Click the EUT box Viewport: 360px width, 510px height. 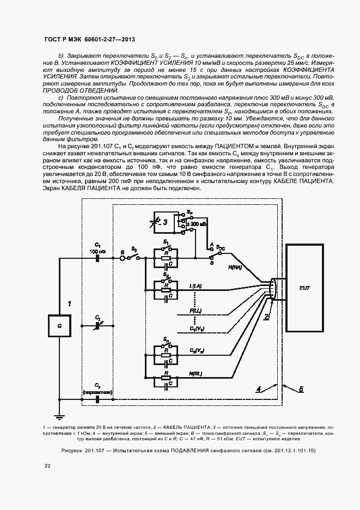[x=304, y=288]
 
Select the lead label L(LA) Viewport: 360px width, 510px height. [x=196, y=286]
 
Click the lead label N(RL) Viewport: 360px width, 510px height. [x=196, y=373]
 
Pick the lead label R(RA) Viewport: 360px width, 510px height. [x=235, y=268]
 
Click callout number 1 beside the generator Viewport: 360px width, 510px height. [x=69, y=302]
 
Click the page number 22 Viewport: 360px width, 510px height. [x=47, y=465]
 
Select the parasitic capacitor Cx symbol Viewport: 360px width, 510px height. [x=97, y=398]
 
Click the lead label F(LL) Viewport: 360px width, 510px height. [x=196, y=310]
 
